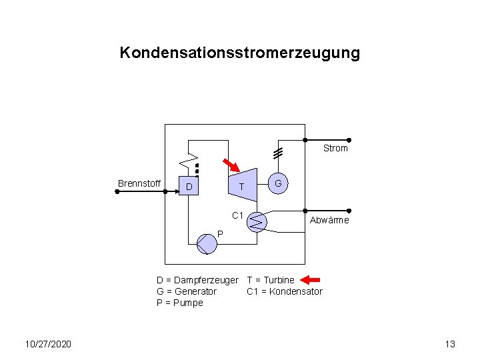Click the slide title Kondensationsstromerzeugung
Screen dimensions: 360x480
[239, 53]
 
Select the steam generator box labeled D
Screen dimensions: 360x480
[189, 186]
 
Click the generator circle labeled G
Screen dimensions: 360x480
[279, 183]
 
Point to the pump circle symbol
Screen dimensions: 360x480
[207, 244]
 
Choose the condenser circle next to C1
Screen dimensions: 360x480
[258, 221]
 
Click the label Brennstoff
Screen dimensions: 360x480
[139, 183]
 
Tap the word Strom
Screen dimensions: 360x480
[335, 148]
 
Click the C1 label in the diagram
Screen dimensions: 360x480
[237, 215]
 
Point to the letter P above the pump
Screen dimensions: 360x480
[219, 233]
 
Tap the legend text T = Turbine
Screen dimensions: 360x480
[270, 280]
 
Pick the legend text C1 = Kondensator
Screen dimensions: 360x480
[284, 291]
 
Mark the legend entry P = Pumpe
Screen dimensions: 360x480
[179, 303]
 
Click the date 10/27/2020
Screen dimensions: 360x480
[49, 344]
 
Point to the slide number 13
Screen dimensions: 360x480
[449, 344]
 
